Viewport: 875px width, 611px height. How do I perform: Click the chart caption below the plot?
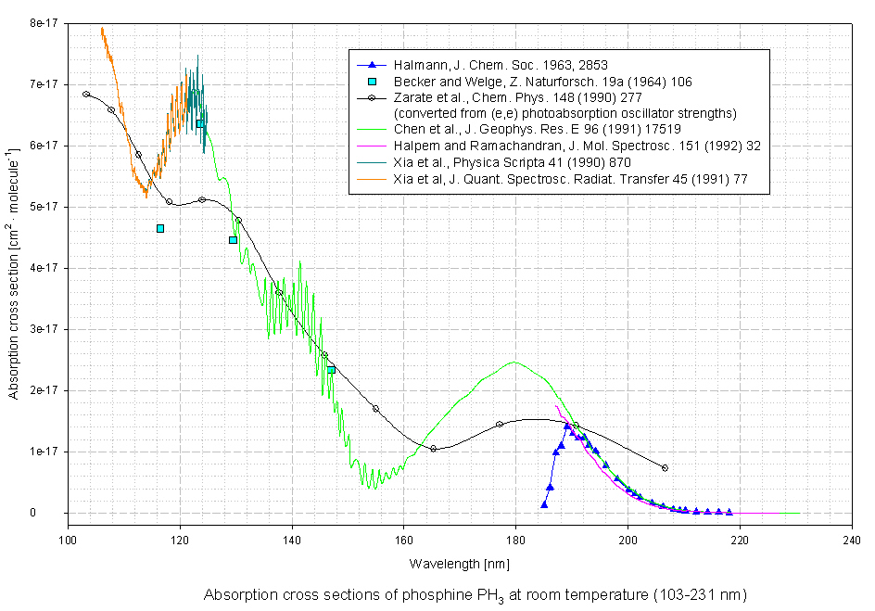475,593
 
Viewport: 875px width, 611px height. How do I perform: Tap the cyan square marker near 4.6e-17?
160,228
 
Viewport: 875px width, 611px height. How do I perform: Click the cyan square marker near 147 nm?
331,369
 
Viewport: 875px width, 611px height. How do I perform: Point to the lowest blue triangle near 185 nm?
544,504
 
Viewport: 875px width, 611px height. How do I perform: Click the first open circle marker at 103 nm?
86,94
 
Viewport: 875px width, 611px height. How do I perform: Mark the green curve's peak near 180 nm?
514,363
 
